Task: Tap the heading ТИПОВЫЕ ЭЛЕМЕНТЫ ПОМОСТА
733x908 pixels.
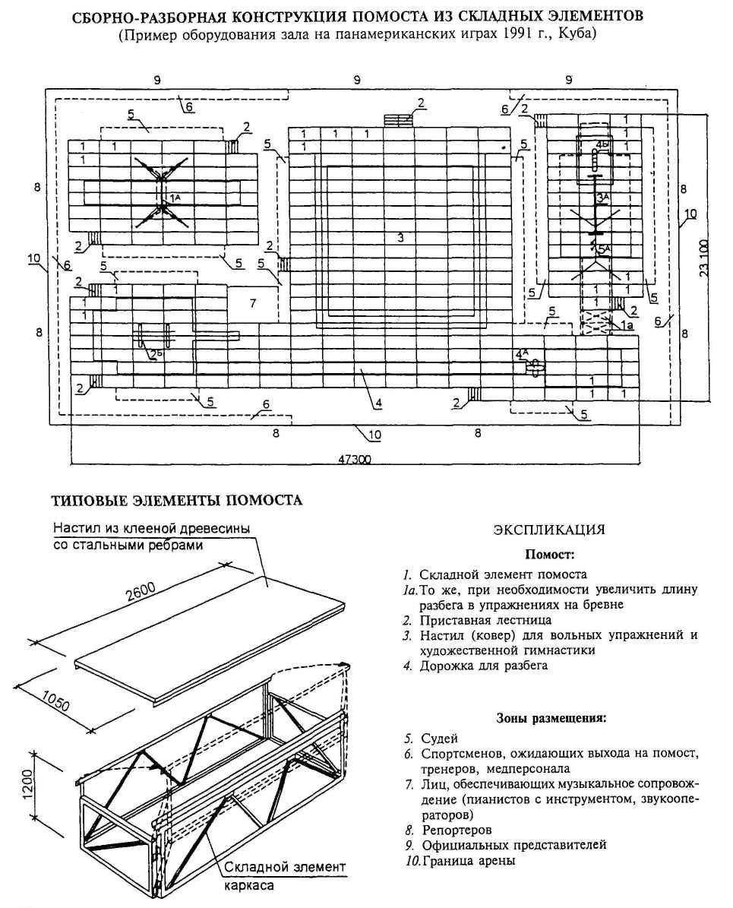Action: pyautogui.click(x=176, y=500)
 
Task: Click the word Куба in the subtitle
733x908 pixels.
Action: pyautogui.click(x=580, y=35)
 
